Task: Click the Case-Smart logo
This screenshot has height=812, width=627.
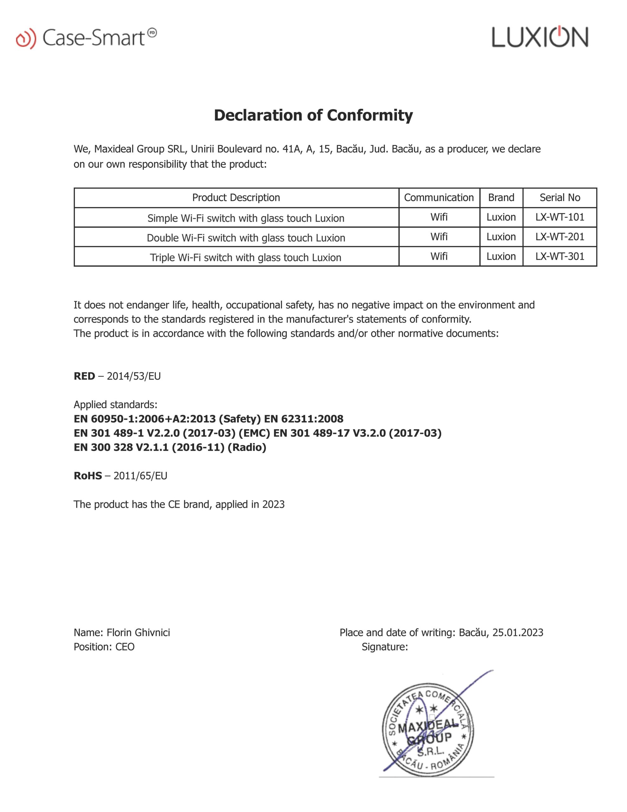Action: tap(86, 37)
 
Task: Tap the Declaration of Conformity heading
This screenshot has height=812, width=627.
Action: tap(313, 115)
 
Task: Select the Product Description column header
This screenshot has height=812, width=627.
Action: tap(236, 197)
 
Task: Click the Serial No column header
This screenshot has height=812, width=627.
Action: tap(560, 197)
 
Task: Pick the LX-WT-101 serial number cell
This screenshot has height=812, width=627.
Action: tap(560, 217)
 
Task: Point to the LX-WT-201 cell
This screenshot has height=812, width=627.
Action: tap(560, 237)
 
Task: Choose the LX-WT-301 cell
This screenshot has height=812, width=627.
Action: tap(560, 257)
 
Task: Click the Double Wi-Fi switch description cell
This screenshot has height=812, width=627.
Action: tap(246, 238)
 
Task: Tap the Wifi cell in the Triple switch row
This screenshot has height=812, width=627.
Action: tap(439, 257)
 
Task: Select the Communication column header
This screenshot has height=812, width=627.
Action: tap(439, 197)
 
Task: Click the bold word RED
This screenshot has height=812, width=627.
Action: tap(84, 376)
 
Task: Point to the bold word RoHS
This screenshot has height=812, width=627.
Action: tap(88, 476)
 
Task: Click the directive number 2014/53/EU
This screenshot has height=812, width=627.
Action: tap(134, 376)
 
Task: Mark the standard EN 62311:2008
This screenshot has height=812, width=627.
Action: tap(304, 419)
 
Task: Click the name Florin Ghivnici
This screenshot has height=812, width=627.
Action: tap(138, 632)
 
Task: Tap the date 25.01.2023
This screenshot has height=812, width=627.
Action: tap(518, 632)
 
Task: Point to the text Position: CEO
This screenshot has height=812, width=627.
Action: tap(104, 647)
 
